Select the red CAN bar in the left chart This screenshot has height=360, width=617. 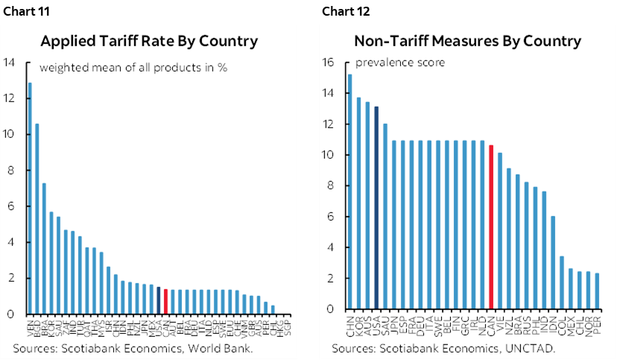tap(165, 301)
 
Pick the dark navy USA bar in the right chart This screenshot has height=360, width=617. tap(376, 208)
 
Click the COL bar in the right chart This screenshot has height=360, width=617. tap(561, 282)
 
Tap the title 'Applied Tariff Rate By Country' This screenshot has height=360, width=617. tap(149, 41)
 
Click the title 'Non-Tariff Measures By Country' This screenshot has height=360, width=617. tap(467, 41)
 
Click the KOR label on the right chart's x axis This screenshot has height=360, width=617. tap(359, 325)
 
